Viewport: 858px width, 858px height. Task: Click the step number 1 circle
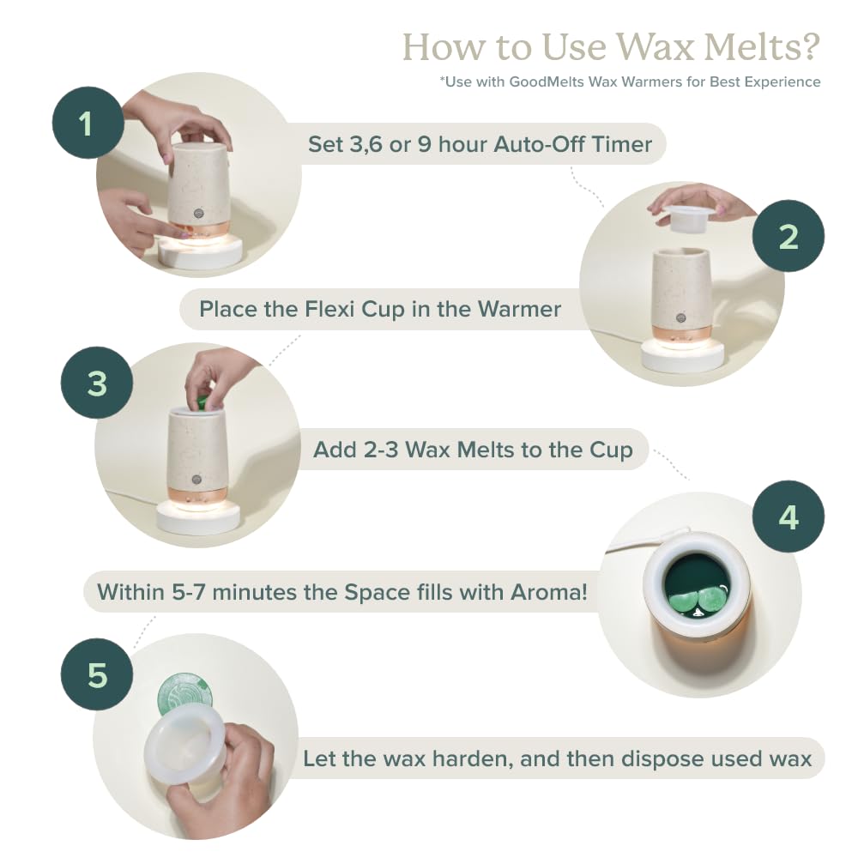(x=88, y=123)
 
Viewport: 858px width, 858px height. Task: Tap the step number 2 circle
(x=788, y=236)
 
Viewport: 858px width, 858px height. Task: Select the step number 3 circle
(x=97, y=383)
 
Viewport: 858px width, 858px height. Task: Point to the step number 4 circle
(x=788, y=517)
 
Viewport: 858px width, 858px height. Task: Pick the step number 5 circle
(x=97, y=674)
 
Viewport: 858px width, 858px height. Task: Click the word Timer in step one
(x=621, y=144)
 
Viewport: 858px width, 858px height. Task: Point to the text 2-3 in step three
(x=375, y=450)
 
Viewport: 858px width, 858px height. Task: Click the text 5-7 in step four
(x=189, y=592)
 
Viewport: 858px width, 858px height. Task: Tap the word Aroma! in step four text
(x=549, y=592)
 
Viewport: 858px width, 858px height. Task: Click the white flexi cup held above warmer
(x=685, y=218)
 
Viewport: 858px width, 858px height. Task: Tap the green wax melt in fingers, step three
(x=203, y=402)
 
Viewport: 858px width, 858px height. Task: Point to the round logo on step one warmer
(x=198, y=214)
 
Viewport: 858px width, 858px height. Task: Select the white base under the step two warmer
(x=682, y=356)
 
